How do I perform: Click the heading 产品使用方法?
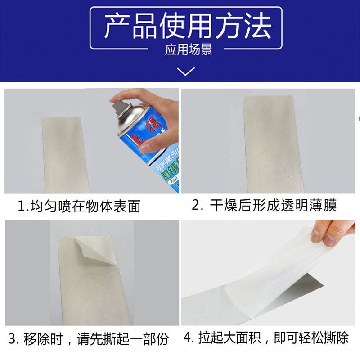pos(187,26)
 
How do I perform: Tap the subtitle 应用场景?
pos(188,49)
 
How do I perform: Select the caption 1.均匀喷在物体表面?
pos(79,206)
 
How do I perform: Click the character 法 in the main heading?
pos(258,26)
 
